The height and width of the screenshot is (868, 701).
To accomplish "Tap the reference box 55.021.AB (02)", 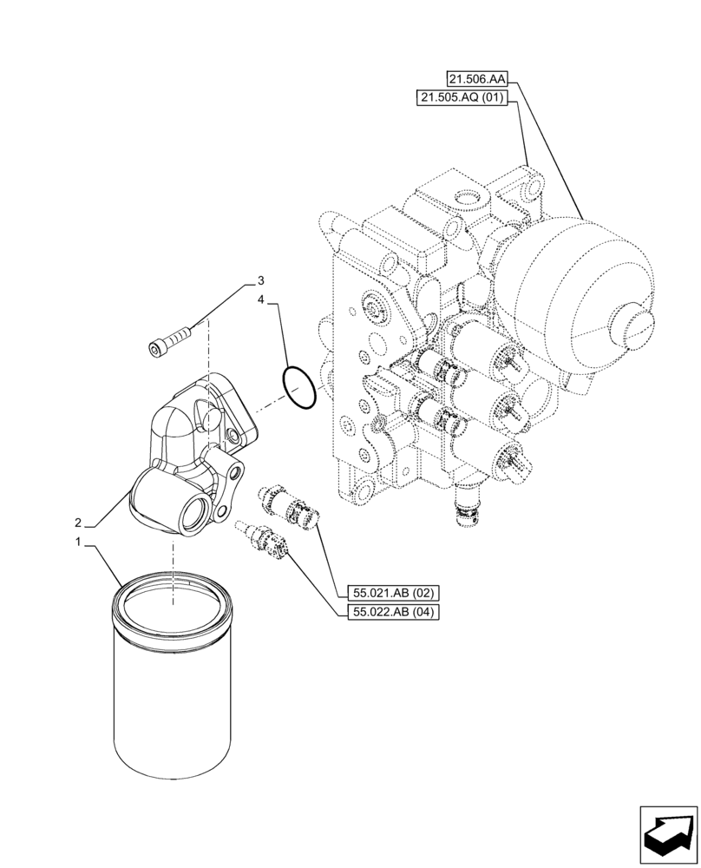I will click(394, 594).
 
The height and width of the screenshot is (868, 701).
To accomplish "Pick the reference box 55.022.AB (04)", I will click(394, 613).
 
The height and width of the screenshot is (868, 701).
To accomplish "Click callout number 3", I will click(260, 281).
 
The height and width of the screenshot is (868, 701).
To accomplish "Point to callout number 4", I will click(260, 299).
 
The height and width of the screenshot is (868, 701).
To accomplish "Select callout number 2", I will click(78, 523).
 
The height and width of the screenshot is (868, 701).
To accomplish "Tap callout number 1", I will click(78, 542).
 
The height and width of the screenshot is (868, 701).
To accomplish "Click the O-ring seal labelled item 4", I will click(297, 386).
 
